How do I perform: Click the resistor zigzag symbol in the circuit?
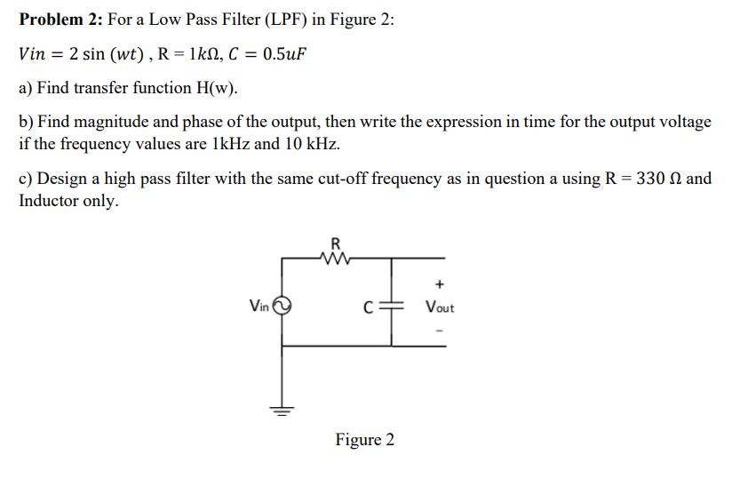coord(335,259)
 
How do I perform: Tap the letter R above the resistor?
coord(335,243)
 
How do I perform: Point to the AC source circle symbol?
coord(282,307)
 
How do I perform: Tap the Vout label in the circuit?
coord(439,308)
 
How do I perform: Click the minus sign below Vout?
coord(439,331)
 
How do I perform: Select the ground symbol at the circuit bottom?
coord(282,411)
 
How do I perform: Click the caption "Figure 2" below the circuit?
coord(364,440)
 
